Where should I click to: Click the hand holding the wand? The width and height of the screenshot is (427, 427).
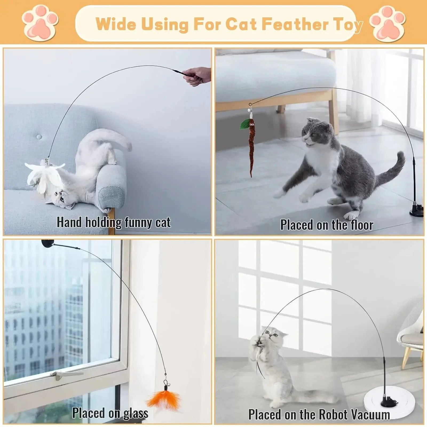[198, 76]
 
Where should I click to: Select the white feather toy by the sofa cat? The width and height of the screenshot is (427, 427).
[44, 175]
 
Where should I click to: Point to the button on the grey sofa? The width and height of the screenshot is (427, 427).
[39, 137]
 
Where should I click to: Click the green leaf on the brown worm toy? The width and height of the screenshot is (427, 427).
[245, 124]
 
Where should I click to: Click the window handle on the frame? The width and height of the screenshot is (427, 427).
[65, 373]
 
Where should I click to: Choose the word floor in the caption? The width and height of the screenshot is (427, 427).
[362, 225]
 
